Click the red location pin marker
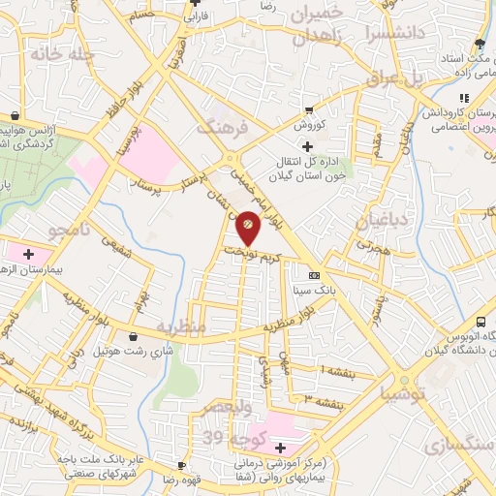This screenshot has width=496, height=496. coord(248,227)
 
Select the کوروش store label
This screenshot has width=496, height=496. coord(308,125)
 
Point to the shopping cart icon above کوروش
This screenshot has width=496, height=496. coord(308,110)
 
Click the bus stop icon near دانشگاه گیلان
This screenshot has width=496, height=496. coord(481,322)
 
